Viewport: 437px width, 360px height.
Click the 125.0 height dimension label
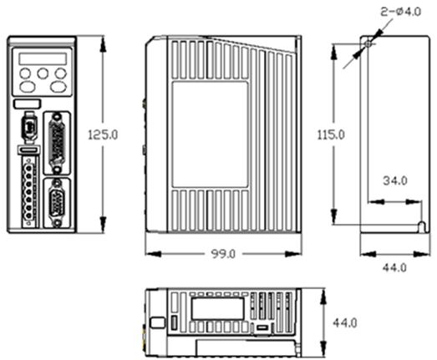(103, 134)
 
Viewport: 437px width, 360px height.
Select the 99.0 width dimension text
(223, 254)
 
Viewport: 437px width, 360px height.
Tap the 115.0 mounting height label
(331, 134)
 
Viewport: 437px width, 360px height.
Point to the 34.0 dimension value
(395, 180)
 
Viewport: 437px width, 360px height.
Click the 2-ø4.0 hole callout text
(401, 12)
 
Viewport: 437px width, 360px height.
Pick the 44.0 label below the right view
(394, 268)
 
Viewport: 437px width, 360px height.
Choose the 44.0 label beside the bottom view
(345, 323)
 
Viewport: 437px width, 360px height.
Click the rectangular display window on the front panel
(43, 59)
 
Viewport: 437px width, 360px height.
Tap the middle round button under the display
(43, 74)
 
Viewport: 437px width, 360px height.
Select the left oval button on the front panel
(28, 87)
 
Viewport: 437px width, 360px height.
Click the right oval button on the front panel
(58, 87)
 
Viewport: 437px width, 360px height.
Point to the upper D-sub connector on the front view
(57, 143)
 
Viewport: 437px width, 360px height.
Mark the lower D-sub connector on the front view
(57, 203)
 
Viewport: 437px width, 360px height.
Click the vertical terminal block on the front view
(28, 192)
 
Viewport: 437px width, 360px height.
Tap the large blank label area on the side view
(210, 134)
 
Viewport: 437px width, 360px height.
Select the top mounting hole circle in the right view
(368, 44)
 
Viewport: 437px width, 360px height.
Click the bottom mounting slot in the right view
(423, 227)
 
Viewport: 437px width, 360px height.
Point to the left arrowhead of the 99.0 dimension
(153, 254)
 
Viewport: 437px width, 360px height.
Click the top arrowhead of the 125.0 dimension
(103, 44)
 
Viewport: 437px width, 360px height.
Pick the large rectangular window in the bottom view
(217, 309)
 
